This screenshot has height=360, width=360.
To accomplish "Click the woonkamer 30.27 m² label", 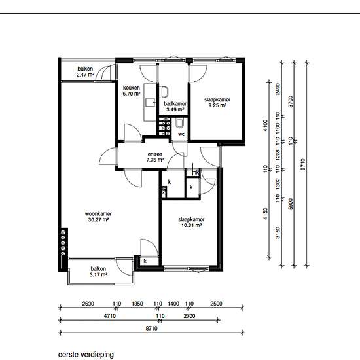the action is pos(98,217).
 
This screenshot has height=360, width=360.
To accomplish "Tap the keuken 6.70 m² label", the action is pos(132,91).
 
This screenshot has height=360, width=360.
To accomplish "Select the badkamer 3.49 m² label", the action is pos(175,107).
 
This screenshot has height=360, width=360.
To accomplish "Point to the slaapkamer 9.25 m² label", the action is pos(217,103).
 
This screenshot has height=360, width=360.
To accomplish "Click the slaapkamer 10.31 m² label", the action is pos(191,223).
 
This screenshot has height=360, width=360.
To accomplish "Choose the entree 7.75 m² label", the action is pos(155,157).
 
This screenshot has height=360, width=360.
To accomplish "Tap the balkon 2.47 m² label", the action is pos(85,71).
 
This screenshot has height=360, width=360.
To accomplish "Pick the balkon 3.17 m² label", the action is pos(98,272).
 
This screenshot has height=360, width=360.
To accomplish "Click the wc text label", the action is pos(181,134).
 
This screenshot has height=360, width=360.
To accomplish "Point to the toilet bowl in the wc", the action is pos(179,123).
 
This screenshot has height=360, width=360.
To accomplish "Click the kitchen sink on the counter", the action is pos(151,102).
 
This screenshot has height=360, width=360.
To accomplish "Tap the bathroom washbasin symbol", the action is pos(164,92).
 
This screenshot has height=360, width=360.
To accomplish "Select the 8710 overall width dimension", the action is pos(152,329).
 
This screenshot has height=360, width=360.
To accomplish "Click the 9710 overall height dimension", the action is pos(303,164).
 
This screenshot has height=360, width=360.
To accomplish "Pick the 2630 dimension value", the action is pos(88,304).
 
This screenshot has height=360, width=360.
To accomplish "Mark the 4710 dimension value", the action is pos(110,316).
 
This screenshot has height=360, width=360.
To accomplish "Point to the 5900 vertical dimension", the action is pos(291,204).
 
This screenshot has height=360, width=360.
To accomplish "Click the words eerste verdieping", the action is pos(86,355).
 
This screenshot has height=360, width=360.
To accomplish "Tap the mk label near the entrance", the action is pos(196,173).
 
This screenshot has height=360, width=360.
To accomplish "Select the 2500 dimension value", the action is pos(216,304).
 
